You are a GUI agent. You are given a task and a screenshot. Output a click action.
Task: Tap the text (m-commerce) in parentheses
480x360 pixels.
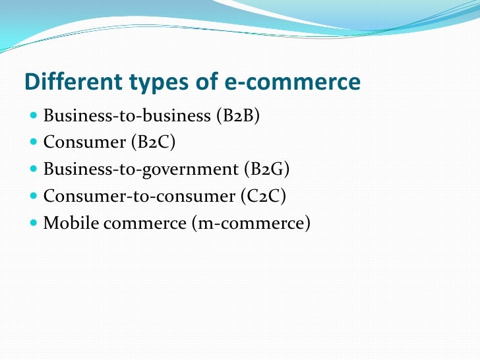[251, 223]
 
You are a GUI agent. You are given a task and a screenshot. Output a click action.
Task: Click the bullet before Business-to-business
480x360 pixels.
[34, 117]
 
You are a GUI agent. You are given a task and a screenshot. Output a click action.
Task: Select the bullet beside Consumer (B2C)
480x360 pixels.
[34, 143]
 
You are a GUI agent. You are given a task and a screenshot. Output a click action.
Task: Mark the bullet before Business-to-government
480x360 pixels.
[34, 170]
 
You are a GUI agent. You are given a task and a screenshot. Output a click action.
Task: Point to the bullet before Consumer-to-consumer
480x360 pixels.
[34, 196]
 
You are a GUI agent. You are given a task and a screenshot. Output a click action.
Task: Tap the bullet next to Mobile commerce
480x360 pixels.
[34, 224]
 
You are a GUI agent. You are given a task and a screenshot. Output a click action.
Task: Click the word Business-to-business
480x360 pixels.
[127, 116]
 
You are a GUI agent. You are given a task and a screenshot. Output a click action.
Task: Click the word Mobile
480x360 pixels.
[68, 223]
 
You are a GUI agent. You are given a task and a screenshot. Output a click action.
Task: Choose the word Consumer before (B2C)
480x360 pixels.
[83, 142]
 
